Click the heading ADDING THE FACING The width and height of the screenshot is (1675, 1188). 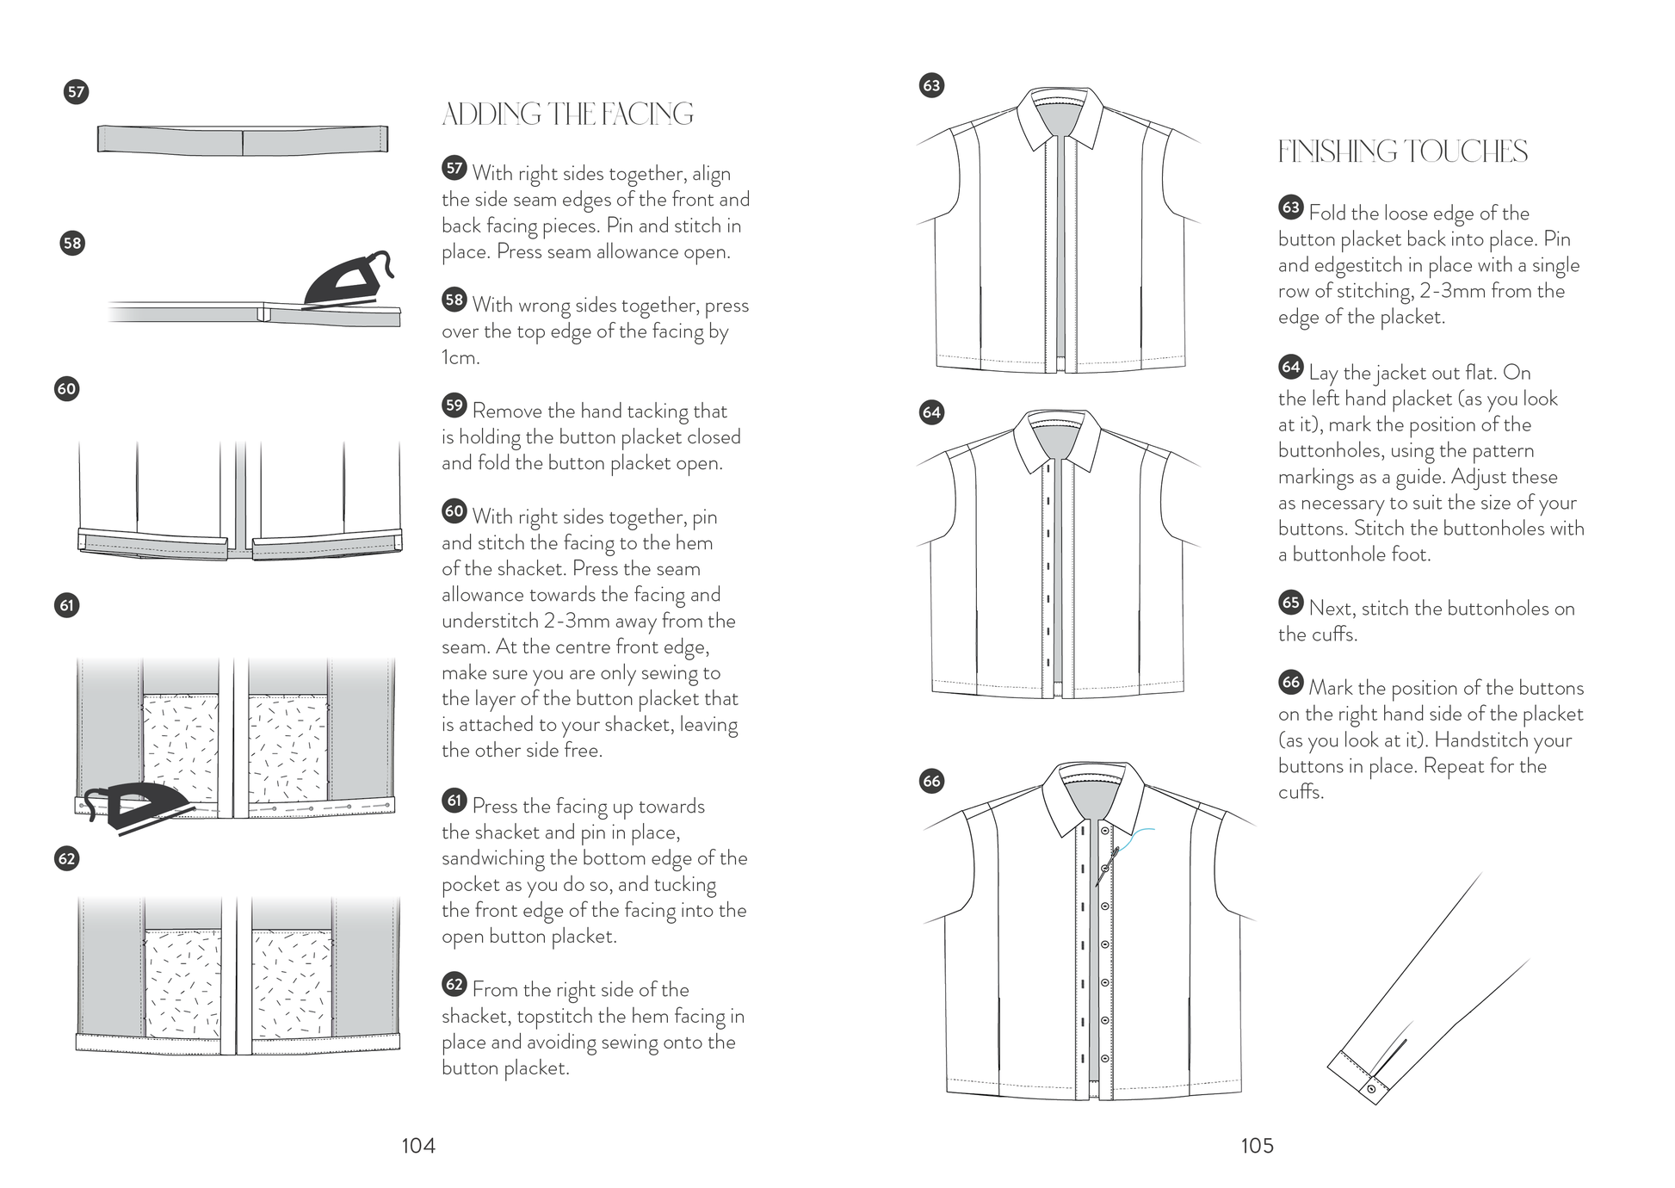567,114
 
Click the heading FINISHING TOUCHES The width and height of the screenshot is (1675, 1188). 1402,152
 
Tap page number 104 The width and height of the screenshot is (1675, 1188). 418,1146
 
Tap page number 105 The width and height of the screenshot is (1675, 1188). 1257,1146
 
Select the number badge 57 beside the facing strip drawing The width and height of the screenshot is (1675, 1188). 77,92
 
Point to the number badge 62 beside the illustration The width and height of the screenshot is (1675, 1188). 67,858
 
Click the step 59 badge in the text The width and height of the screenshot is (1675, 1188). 454,405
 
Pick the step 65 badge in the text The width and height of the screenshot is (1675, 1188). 1291,603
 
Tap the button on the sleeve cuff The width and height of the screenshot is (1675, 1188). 1371,1089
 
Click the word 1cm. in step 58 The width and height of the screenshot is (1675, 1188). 460,357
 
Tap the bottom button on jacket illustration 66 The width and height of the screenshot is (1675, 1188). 1105,1059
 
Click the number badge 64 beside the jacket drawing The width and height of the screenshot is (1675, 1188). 932,412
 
